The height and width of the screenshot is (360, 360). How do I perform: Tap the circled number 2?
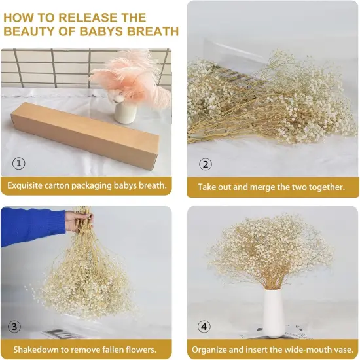click(x=205, y=164)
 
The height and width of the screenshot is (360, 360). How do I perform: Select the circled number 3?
click(x=14, y=327)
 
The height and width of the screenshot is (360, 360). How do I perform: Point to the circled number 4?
click(x=206, y=326)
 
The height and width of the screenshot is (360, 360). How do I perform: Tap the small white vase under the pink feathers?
click(x=124, y=111)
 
